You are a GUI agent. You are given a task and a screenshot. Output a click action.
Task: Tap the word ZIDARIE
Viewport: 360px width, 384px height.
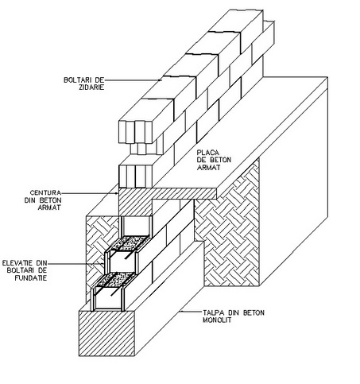(91, 87)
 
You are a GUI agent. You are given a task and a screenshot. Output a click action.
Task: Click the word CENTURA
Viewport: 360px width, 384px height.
(45, 192)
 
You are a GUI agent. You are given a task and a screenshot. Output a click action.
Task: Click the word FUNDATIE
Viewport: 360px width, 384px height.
(30, 278)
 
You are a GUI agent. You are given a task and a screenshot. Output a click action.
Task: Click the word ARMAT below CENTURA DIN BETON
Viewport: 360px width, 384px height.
(49, 208)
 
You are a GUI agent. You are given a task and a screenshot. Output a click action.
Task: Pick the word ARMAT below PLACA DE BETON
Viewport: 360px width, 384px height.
(208, 168)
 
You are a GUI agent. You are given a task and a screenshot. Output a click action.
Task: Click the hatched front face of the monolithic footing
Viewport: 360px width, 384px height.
(106, 333)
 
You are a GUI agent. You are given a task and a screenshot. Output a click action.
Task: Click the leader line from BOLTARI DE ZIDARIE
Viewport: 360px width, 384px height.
(133, 80)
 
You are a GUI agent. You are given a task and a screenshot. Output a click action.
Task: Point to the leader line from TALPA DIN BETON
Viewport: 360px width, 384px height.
(191, 312)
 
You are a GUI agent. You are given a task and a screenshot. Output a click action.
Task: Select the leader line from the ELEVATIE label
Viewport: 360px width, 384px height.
(75, 264)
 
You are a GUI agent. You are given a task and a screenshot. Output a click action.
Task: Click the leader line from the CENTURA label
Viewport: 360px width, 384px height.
(90, 193)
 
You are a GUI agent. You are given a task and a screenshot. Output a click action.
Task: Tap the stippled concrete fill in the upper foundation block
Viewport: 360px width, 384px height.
(130, 242)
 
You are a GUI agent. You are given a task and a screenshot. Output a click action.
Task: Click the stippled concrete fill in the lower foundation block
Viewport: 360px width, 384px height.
(116, 279)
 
